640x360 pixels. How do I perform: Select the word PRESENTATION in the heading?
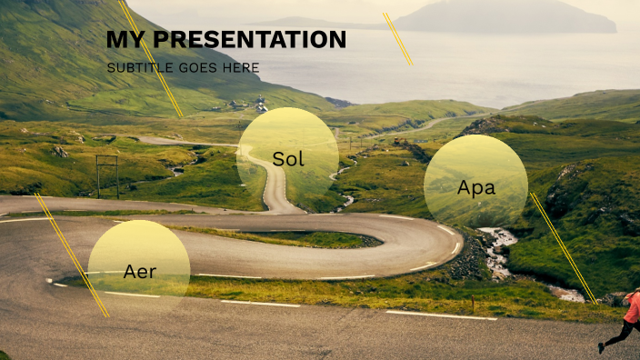pos(249,40)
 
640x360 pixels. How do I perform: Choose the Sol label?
pos(288,159)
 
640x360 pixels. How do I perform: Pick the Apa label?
pos(475,188)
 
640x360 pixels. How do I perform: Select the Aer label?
pos(139,271)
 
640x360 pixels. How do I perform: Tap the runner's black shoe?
pos(601,347)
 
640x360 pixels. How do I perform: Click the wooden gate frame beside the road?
pos(107,175)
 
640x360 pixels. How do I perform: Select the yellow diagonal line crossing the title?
pos(151,59)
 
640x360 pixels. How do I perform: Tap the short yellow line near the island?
pos(397,39)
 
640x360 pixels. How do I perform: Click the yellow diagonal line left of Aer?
pos(72,255)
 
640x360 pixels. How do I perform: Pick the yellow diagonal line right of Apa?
pos(563,246)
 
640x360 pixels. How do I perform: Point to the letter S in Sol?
pos(278,159)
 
